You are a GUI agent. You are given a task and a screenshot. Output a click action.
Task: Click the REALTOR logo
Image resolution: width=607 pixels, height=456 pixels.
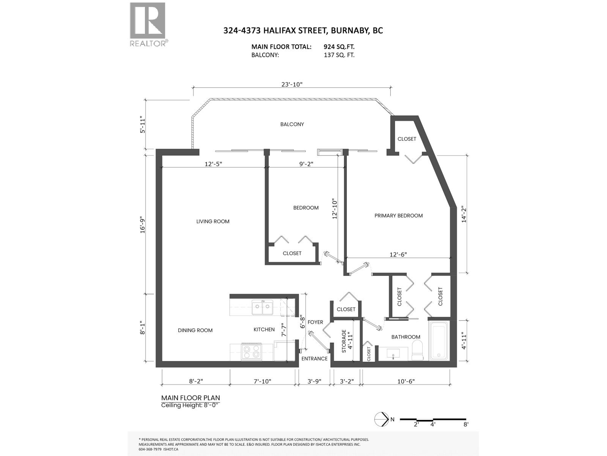[x=148, y=24]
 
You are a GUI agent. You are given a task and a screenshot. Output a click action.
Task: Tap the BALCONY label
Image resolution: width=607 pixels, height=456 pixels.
[x=292, y=124]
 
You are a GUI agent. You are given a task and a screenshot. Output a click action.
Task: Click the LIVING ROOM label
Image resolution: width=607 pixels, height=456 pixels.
[x=213, y=222]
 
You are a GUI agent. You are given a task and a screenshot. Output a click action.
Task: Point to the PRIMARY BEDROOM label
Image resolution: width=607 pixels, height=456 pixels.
[x=398, y=215]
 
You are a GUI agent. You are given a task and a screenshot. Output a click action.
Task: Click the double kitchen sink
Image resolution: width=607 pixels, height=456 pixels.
[x=262, y=307]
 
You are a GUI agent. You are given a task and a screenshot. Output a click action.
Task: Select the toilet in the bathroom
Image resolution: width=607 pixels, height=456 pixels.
[x=417, y=350]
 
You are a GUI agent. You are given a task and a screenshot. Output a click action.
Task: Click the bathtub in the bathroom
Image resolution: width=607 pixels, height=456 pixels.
[x=439, y=341]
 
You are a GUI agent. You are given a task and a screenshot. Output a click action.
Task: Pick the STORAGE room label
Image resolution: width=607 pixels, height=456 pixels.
[x=344, y=341]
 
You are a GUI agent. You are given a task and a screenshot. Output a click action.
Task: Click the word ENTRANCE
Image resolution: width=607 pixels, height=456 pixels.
[x=314, y=358]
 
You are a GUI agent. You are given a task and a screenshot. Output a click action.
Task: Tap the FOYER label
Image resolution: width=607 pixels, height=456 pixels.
[x=315, y=322]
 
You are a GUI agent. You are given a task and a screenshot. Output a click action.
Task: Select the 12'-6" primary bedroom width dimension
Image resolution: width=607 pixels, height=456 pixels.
[x=398, y=255]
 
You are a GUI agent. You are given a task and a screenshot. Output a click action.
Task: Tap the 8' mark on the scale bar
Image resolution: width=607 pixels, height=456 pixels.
[x=465, y=424]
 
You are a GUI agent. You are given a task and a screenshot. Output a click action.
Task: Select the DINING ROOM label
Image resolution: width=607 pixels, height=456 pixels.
[x=195, y=330]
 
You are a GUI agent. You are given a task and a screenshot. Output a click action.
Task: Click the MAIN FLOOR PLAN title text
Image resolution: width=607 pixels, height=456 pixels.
[x=190, y=398]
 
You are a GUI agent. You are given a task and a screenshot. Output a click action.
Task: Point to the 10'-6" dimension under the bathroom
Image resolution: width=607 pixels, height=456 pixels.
[x=406, y=381]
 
